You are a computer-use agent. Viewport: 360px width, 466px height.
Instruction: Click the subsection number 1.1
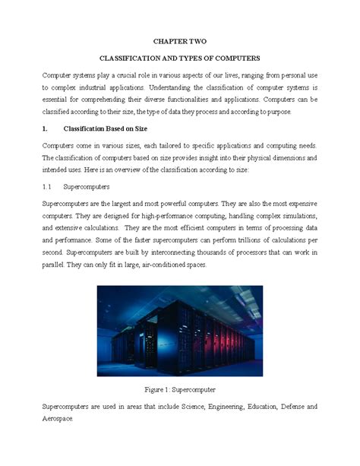pos(46,186)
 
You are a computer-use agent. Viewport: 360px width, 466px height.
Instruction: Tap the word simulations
pos(295,215)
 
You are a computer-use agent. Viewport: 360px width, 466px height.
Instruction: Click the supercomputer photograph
pos(180,331)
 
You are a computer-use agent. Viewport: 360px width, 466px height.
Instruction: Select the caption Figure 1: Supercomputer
pos(180,389)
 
